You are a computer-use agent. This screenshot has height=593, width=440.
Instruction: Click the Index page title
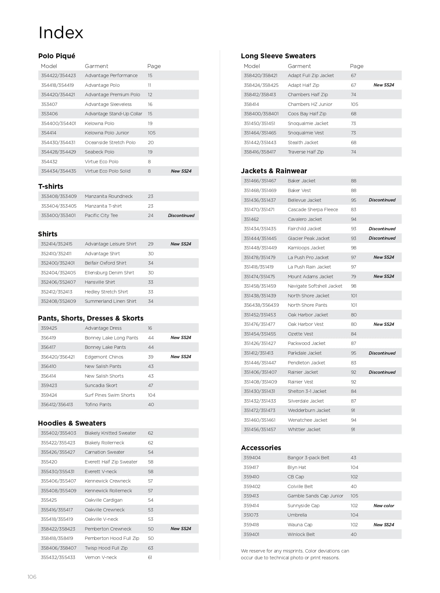pos(61,33)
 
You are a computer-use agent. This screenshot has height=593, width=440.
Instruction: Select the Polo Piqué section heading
pos(57,56)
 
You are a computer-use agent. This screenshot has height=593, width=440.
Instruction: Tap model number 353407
pos(49,104)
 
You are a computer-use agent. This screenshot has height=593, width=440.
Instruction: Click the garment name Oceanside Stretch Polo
pos(110,143)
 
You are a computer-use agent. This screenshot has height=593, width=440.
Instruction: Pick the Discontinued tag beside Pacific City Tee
pos(181,215)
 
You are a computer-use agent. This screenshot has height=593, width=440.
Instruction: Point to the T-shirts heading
pos(51,187)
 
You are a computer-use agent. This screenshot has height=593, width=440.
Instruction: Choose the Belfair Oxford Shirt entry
pos(106,263)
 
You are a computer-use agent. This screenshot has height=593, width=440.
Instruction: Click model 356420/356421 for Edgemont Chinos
pos(58,357)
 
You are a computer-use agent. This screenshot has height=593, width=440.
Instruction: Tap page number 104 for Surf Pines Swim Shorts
pos(152,395)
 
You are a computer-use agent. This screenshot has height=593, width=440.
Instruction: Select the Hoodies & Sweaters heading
pos(72,423)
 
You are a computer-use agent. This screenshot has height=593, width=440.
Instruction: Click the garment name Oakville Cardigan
pos(104,500)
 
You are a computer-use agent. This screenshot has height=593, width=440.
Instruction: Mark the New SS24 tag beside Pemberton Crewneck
pos(181,529)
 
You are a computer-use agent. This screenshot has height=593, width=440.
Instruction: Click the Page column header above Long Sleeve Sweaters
pos(356,66)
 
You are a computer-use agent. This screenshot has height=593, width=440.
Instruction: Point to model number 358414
pos(251,104)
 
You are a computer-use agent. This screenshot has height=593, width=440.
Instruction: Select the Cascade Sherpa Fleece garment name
pos(313,210)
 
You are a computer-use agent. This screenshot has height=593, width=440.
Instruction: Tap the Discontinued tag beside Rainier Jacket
pos(382,372)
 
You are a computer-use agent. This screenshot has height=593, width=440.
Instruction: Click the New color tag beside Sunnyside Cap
pos(384,506)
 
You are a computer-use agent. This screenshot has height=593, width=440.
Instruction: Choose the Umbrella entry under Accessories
pos(297,515)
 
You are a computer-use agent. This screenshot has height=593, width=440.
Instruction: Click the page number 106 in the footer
pos(32,577)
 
